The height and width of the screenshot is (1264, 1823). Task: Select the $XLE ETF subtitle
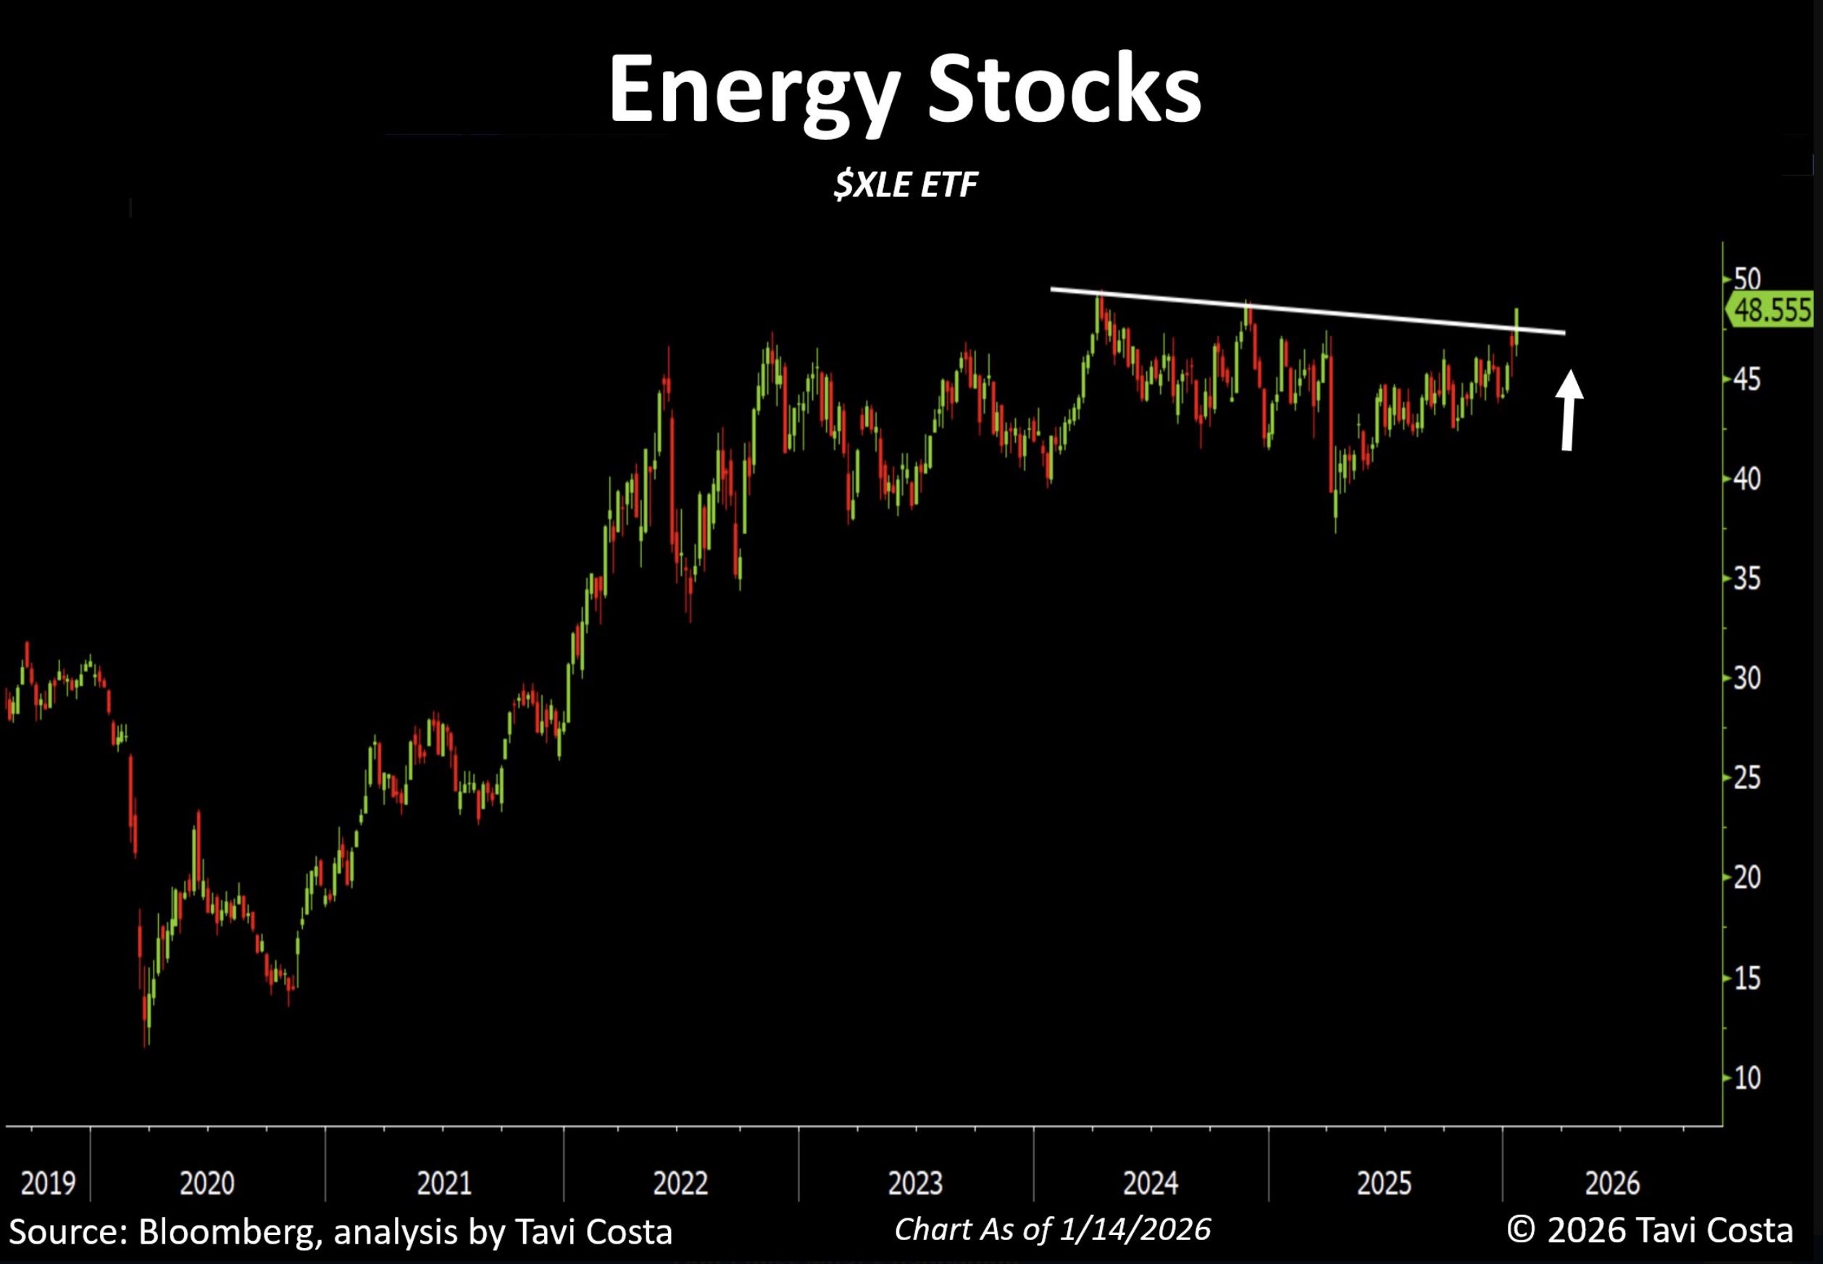(x=906, y=186)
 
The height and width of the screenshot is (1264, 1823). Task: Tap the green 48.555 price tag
(x=1770, y=309)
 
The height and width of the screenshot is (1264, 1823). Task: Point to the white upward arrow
(x=1568, y=409)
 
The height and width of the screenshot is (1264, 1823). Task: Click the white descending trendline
(x=1306, y=311)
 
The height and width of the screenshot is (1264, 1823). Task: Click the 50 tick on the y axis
(x=1746, y=279)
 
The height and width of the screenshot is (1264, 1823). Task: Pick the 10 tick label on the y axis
(x=1746, y=1078)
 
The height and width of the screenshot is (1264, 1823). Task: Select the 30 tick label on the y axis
(x=1746, y=678)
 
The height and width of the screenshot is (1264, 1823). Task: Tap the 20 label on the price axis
(x=1746, y=878)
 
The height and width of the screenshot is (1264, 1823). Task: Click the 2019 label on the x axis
(x=48, y=1184)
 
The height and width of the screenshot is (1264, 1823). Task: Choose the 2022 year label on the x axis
(x=680, y=1184)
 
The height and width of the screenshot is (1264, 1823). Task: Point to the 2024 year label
(x=1150, y=1184)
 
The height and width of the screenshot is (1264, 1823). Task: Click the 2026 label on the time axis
(x=1612, y=1184)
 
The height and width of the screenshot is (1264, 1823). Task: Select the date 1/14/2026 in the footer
(x=1135, y=1229)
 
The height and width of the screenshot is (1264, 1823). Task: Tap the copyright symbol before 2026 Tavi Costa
(x=1522, y=1230)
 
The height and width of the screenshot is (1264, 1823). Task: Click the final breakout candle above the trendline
(x=1516, y=325)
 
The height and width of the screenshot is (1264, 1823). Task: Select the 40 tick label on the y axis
(x=1746, y=478)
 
